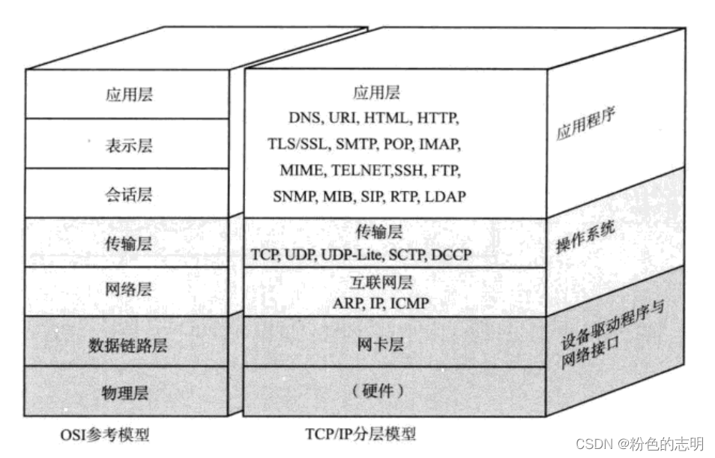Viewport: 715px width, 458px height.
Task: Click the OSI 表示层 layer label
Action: pos(129,145)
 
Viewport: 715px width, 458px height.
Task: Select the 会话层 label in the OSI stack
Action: pos(129,195)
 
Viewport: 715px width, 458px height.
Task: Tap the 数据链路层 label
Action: pos(128,346)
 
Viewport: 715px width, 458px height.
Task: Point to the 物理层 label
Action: pos(125,393)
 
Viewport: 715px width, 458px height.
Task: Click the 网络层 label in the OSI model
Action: pos(129,289)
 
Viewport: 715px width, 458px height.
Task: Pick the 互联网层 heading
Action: pos(381,283)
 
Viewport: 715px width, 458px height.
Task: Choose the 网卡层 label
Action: pos(380,344)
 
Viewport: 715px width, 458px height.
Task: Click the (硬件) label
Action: pos(378,391)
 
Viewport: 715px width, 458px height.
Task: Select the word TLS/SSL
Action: pos(298,144)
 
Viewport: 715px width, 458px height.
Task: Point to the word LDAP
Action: pos(445,196)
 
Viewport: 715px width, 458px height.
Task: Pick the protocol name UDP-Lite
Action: pos(351,255)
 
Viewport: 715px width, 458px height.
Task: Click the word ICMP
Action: pos(410,304)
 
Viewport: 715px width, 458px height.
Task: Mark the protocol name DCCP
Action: pos(451,255)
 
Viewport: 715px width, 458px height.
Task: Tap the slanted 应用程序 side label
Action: pos(586,123)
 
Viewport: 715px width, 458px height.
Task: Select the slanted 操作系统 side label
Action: pos(585,237)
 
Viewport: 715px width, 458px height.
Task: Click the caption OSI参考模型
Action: pos(105,435)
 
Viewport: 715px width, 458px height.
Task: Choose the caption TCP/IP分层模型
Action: pos(360,434)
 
